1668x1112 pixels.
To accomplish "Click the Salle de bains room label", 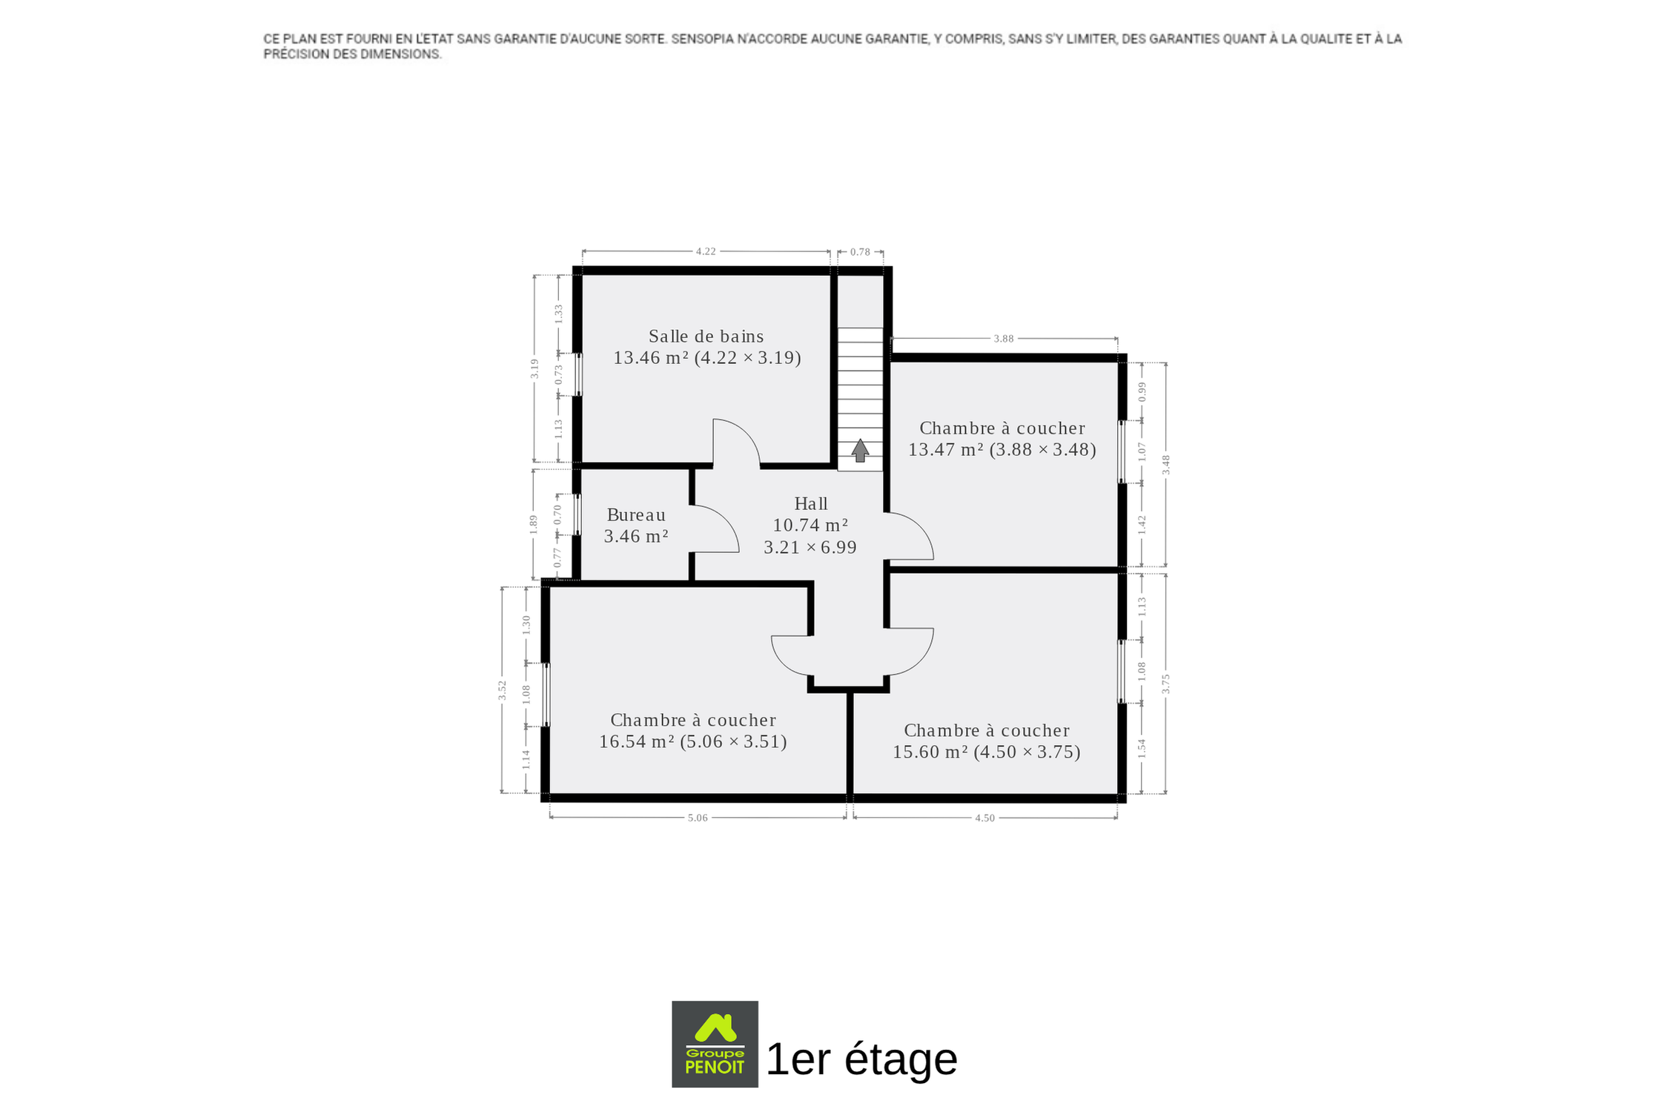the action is pos(706,337).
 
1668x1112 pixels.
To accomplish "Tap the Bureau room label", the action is pos(636,514).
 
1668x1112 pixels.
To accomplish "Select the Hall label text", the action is pos(810,503).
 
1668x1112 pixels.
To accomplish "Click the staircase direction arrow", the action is pos(860,451).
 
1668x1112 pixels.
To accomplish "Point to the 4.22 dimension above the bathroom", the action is pos(706,251).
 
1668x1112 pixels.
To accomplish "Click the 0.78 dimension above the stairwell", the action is pos(860,252).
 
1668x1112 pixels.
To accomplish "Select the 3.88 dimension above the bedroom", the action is pos(1003,339).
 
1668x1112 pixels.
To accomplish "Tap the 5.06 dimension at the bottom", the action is pos(698,818).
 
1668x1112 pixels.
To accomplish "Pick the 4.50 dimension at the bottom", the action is pos(984,818).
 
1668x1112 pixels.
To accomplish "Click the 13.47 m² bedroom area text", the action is pos(946,450).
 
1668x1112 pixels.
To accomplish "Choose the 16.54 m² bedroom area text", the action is pos(637,742).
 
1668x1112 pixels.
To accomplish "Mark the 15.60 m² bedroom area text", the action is pos(930,752).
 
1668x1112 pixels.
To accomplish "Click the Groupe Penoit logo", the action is pos(715,1044).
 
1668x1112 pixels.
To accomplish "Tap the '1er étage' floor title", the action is pos(861,1059).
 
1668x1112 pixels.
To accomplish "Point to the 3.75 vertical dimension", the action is pos(1165,684).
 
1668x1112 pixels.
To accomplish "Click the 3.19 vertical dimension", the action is pos(534,368).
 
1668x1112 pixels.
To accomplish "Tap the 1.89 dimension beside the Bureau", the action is pos(532,524).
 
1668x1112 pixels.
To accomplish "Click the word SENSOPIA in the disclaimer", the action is pos(701,39).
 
